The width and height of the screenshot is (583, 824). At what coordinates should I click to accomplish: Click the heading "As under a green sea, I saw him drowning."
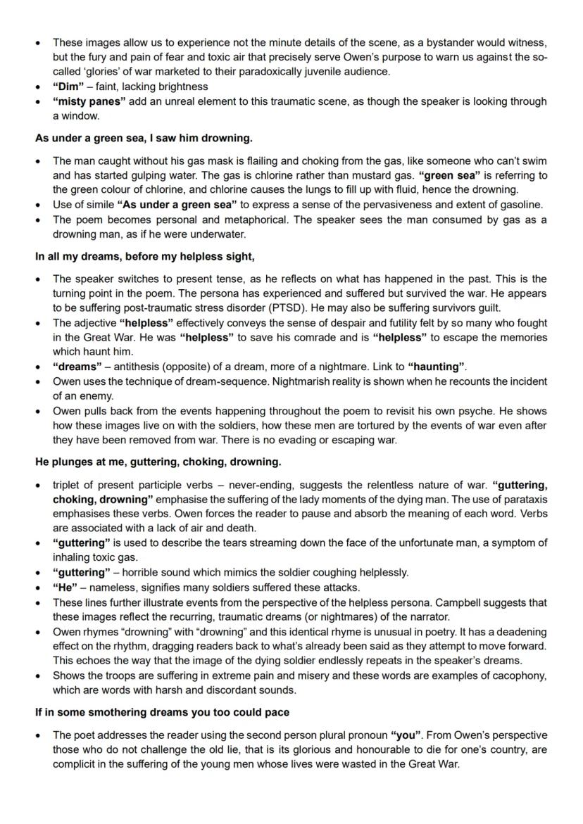[x=144, y=138]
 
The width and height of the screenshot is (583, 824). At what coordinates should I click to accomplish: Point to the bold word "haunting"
[x=439, y=367]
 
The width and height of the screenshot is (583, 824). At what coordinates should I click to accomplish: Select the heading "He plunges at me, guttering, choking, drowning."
[x=158, y=462]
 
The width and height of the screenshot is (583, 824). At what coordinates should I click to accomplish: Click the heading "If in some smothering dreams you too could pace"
[x=162, y=712]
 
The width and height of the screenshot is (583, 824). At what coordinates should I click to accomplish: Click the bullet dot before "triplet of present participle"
[x=39, y=486]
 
